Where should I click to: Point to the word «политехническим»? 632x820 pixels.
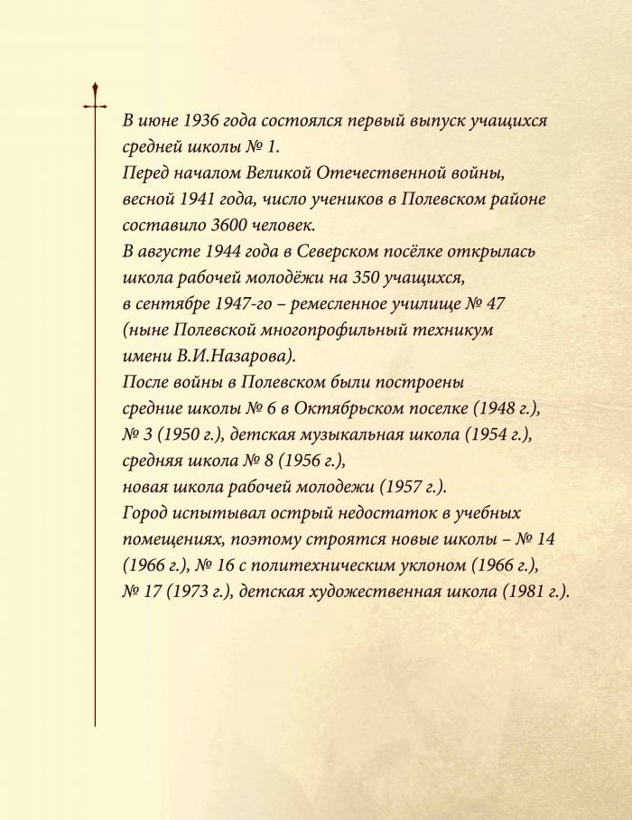coord(304,566)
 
